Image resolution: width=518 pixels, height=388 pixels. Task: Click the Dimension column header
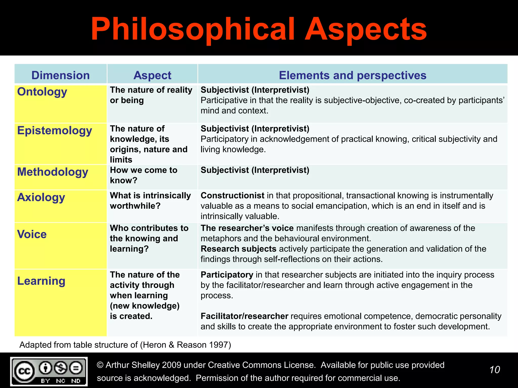coord(60,75)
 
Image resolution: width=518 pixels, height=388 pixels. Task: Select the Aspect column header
coord(152,75)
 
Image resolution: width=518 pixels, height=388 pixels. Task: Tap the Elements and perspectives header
coord(353,75)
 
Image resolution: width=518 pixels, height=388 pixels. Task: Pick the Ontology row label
coord(42,92)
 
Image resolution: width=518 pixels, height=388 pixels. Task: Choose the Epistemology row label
coord(54,131)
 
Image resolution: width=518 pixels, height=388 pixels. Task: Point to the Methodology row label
coord(53,172)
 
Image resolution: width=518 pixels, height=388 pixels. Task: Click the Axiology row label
coord(41,197)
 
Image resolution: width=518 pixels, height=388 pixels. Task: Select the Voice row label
coord(32,234)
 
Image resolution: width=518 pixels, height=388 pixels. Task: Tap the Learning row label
coord(41,281)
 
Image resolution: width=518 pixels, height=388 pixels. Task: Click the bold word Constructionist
coord(232,196)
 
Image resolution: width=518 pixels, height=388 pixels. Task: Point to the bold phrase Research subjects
coord(238,249)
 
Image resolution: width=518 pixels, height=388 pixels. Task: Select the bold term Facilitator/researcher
coord(244,316)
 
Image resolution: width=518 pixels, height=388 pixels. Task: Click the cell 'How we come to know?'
coord(143,175)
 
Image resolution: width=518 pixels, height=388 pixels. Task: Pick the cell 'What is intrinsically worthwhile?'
coord(150,201)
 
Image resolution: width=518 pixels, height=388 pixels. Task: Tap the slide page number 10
coord(494,370)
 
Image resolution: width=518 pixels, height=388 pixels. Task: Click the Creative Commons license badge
coord(49,371)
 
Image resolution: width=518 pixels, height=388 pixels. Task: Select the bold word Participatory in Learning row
coord(227,275)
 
